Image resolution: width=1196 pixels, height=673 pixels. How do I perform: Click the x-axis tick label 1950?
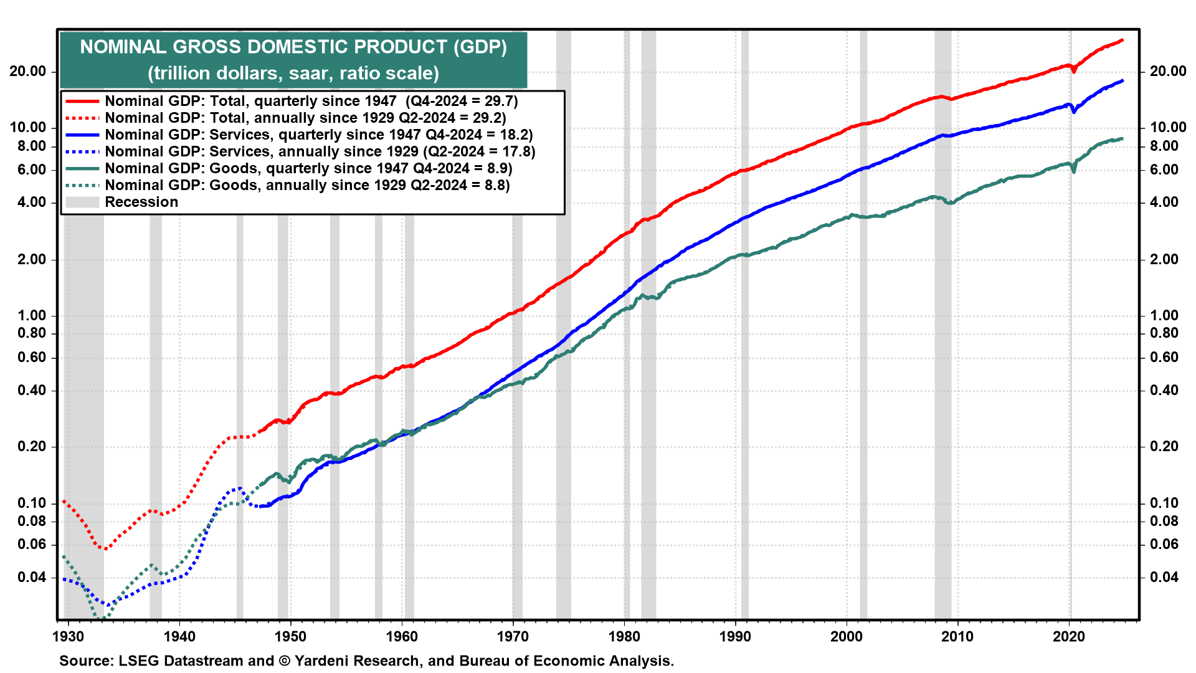(290, 636)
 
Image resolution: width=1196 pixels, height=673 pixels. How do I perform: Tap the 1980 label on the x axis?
(624, 636)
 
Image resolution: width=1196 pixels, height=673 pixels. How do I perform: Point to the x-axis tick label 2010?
(957, 636)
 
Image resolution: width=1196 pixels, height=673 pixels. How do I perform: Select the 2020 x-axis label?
(1069, 636)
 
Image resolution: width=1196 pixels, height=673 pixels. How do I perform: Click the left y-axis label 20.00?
(28, 72)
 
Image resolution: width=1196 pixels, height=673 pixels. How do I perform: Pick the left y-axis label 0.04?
(32, 577)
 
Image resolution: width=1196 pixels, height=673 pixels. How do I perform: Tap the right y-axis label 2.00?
(1164, 259)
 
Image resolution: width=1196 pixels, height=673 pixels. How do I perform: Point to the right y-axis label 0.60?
(1164, 357)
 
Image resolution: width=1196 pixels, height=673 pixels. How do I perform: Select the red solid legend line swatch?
(82, 101)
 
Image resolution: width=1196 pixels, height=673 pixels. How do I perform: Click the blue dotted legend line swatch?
(82, 151)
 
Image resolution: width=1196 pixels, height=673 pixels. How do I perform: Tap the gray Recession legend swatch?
(82, 202)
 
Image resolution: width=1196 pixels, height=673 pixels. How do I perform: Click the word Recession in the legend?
(141, 202)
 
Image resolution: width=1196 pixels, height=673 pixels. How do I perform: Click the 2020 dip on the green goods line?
(1074, 170)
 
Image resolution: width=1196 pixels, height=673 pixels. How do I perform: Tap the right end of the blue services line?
(1122, 80)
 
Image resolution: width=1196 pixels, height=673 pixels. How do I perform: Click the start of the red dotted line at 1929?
(64, 502)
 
